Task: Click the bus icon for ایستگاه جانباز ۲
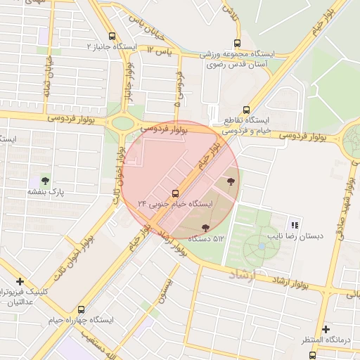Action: (x=112, y=36)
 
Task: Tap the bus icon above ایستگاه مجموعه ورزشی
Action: (x=236, y=42)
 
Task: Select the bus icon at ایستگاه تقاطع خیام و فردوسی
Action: (x=245, y=109)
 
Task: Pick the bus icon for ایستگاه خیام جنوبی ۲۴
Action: (x=175, y=193)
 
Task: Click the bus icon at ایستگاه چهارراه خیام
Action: (x=81, y=309)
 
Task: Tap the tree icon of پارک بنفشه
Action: (x=46, y=181)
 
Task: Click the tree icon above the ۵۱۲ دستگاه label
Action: (x=205, y=228)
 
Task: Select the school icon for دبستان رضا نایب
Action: (x=295, y=225)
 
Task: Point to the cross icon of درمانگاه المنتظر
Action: (x=325, y=329)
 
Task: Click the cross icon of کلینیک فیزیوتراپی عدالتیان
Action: (x=20, y=281)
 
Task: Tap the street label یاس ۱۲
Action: (x=160, y=50)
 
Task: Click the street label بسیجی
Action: (x=167, y=285)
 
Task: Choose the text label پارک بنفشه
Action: (x=46, y=191)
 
